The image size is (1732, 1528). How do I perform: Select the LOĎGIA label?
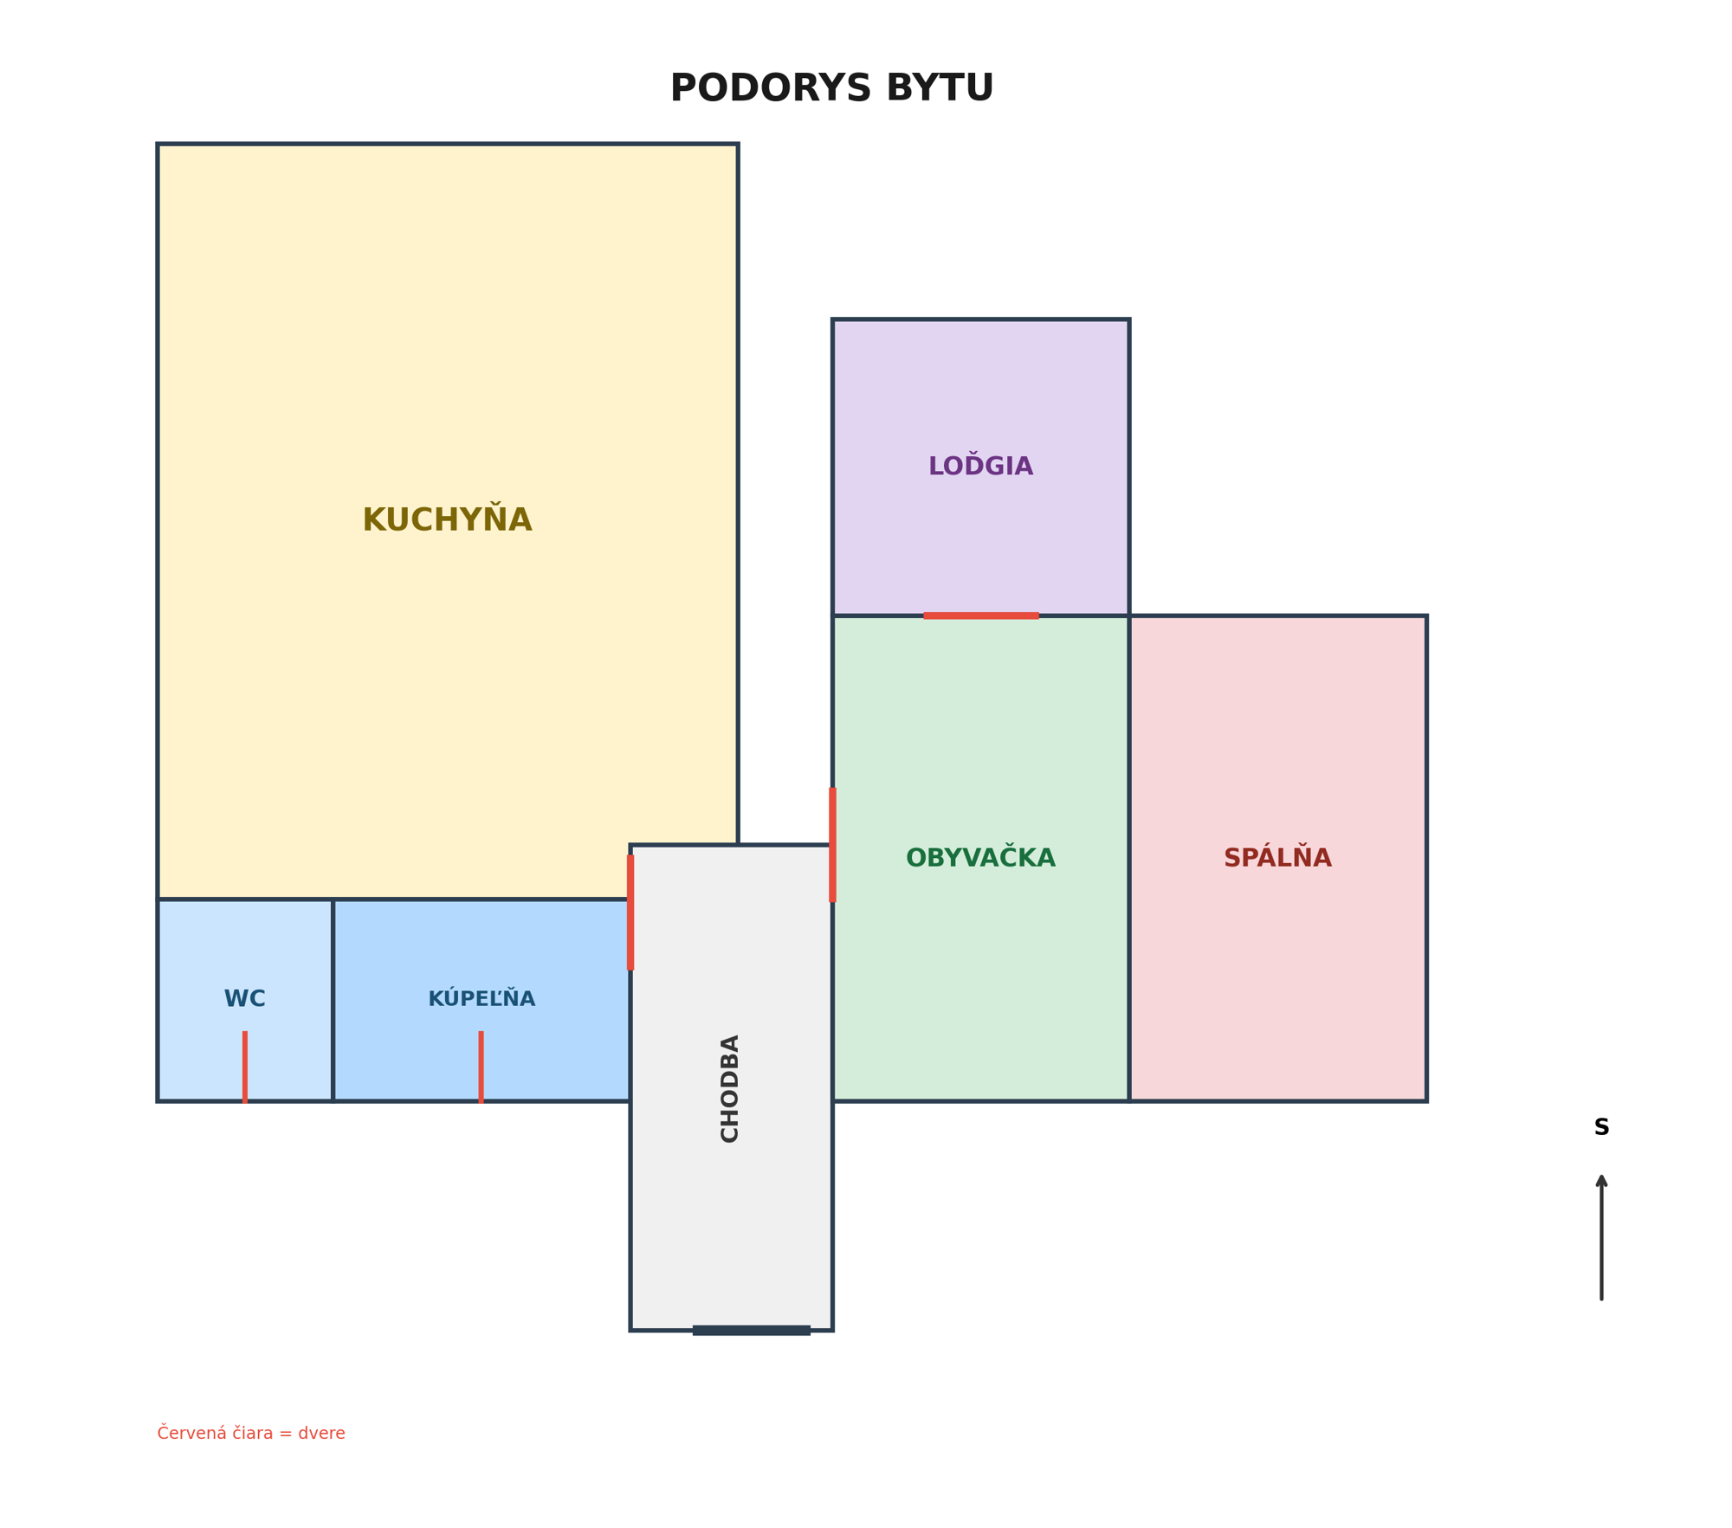[x=980, y=465]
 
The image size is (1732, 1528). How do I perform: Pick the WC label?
[x=245, y=998]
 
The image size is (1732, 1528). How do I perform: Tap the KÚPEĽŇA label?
[x=481, y=998]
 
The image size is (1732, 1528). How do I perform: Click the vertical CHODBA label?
[x=730, y=1088]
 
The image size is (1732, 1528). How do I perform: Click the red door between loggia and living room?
[x=980, y=616]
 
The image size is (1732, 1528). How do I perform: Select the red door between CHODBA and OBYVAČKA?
[x=832, y=844]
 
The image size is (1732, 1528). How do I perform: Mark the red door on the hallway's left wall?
[x=630, y=912]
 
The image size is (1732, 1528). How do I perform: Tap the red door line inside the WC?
[x=245, y=1067]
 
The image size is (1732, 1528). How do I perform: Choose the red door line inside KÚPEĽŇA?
[x=481, y=1067]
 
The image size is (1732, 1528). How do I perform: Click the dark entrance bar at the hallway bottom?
[x=751, y=1331]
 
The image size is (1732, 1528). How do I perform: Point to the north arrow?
[x=1601, y=1237]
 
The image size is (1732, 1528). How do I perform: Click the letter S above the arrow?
[x=1601, y=1128]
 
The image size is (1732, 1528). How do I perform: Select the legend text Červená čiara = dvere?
[x=251, y=1434]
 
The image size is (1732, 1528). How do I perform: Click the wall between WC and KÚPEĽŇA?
[x=333, y=1000]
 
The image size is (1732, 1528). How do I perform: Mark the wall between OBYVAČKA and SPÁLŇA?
[x=1129, y=858]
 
